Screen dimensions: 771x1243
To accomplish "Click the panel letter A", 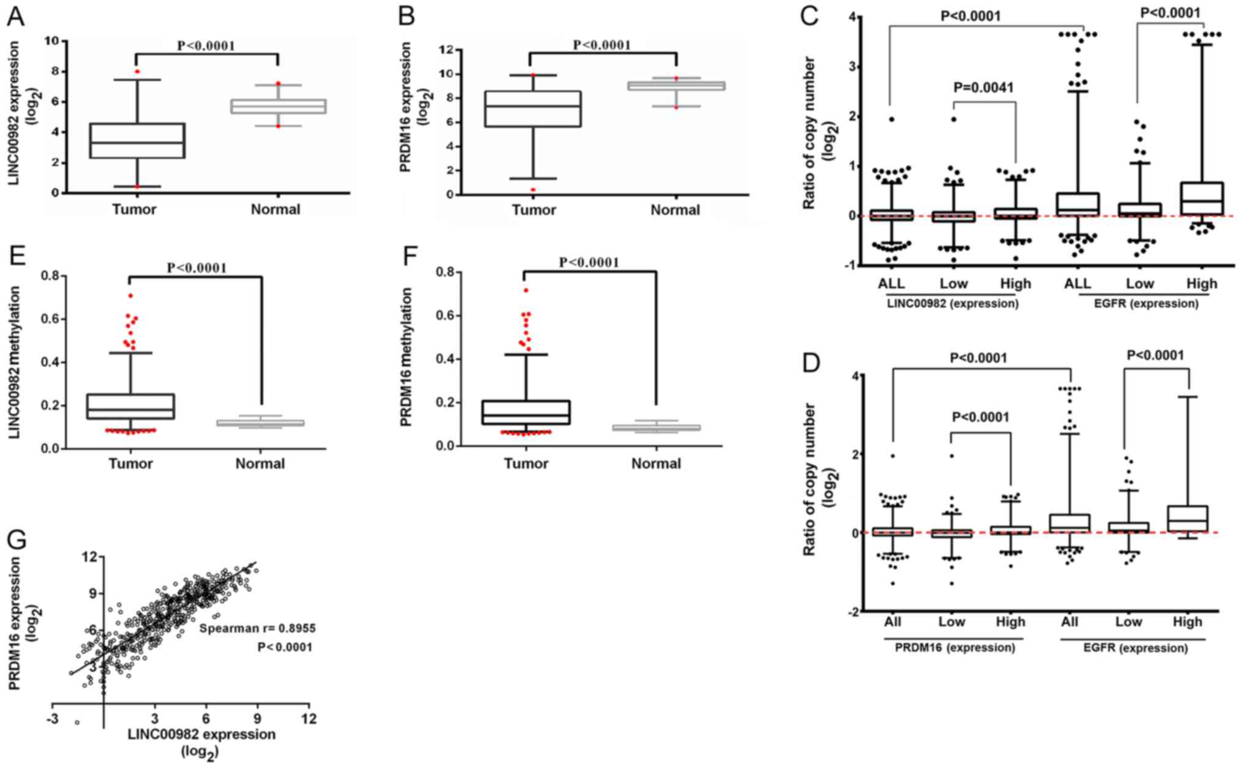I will (15, 17).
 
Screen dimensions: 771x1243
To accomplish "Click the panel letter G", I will (17, 540).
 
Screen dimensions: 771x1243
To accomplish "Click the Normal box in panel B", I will (676, 86).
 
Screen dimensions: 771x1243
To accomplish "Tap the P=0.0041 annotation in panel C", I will (984, 88).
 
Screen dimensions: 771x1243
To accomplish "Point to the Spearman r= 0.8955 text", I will (258, 628).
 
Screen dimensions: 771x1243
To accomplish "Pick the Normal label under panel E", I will (260, 464).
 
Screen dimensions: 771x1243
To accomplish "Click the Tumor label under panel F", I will (526, 464).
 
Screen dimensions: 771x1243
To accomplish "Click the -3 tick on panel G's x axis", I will (52, 718).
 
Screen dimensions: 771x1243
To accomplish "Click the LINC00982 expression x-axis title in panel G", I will (201, 734).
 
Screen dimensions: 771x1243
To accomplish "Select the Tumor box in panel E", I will (130, 406).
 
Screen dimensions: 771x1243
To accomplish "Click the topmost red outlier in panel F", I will (526, 290).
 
